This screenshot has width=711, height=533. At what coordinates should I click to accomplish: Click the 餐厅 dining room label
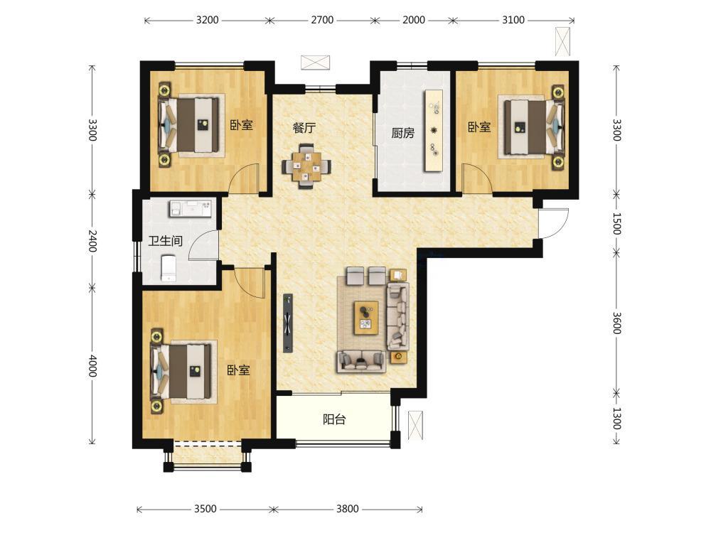304,128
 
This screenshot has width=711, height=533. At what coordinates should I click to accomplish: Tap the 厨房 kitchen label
402,134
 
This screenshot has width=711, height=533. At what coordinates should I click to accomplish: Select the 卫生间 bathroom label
166,241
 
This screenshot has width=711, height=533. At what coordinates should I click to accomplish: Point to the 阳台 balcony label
334,420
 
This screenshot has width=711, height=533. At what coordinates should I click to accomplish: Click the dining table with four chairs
306,166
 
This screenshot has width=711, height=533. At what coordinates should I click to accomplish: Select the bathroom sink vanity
191,208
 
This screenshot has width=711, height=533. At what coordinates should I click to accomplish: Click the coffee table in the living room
366,318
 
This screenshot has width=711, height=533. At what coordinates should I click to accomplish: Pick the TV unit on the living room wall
288,323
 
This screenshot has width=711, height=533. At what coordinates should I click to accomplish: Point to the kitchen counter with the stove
433,131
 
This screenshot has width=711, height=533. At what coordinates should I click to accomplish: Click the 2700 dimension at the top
322,20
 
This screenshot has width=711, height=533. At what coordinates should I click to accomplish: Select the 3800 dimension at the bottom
348,509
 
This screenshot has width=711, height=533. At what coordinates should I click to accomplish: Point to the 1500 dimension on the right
616,223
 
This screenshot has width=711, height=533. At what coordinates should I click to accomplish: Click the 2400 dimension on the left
92,241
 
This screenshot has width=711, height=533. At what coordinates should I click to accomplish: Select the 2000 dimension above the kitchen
414,20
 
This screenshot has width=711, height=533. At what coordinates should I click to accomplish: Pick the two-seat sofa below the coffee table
361,362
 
